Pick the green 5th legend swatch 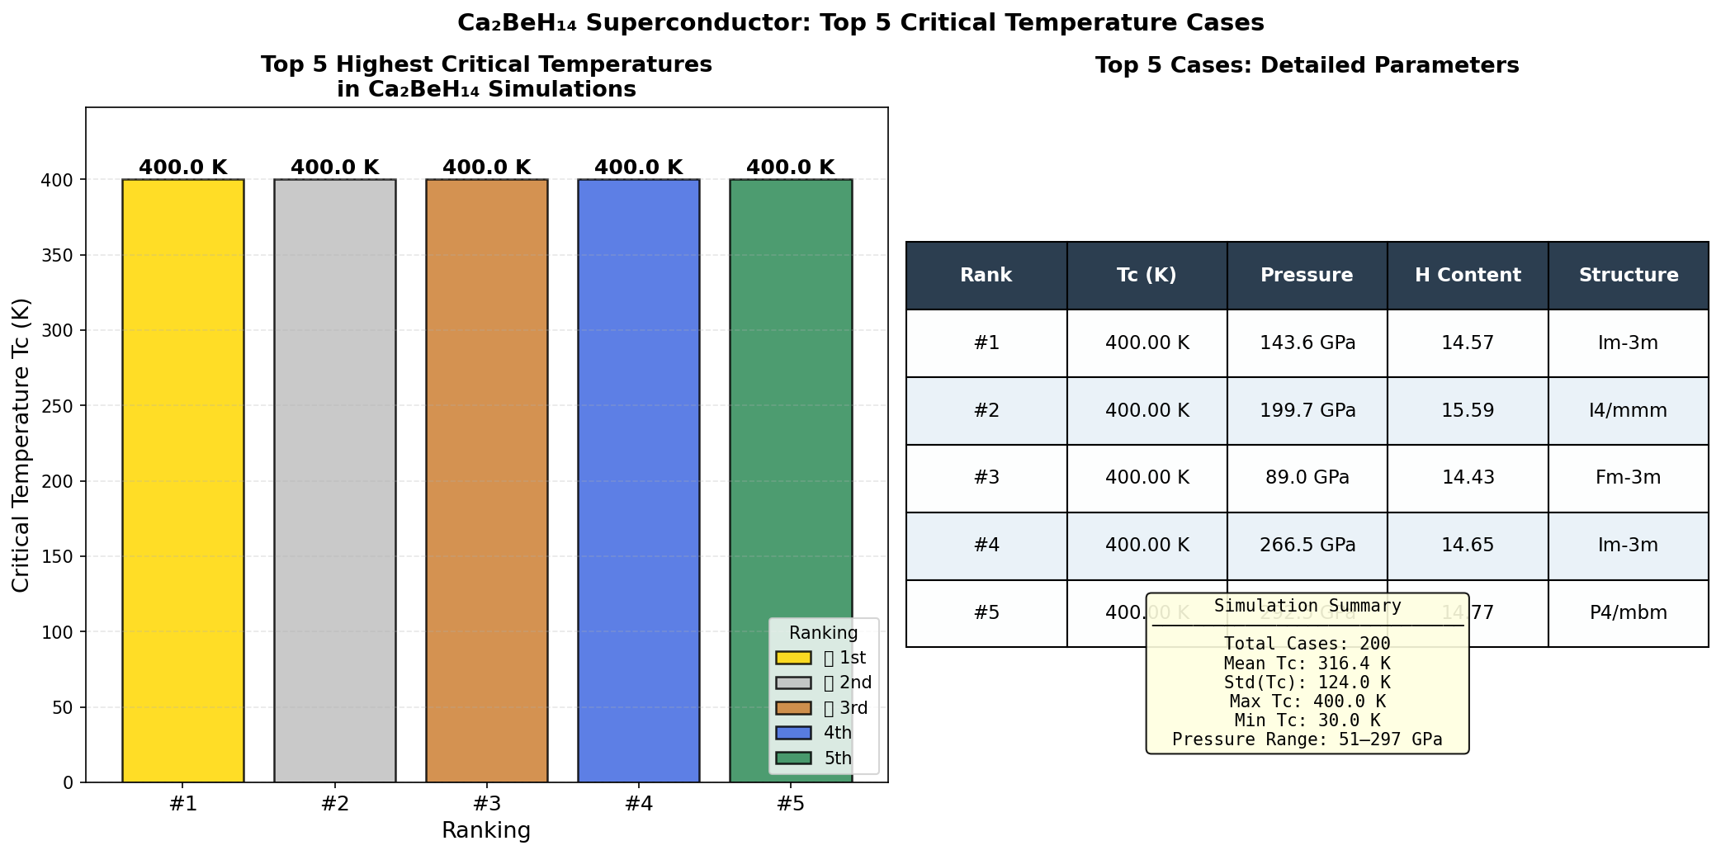[x=793, y=758]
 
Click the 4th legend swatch [x=793, y=733]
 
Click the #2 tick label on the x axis [x=334, y=804]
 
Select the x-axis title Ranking [x=486, y=830]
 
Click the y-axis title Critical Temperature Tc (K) [x=21, y=446]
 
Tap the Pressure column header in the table [x=1307, y=276]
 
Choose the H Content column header [x=1468, y=276]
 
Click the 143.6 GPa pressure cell [x=1307, y=343]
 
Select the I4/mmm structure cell [x=1628, y=411]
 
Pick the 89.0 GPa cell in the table [x=1307, y=478]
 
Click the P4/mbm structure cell [x=1628, y=613]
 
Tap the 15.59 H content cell [x=1468, y=411]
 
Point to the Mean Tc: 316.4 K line [x=1307, y=664]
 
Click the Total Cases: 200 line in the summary [x=1307, y=644]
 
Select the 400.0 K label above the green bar [x=790, y=168]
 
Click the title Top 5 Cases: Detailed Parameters [x=1307, y=66]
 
